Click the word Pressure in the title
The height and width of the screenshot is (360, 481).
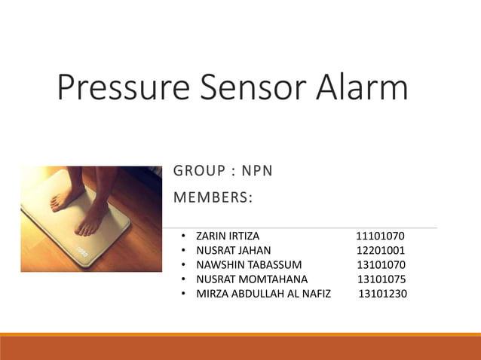(x=124, y=88)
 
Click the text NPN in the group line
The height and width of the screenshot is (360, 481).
(x=256, y=172)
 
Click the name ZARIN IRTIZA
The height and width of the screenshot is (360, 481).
(x=228, y=236)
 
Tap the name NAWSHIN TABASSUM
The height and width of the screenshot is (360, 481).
(x=249, y=265)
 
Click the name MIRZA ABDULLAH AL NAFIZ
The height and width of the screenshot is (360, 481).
(x=263, y=294)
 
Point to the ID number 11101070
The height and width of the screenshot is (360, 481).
(x=380, y=236)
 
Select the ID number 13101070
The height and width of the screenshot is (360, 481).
(x=381, y=265)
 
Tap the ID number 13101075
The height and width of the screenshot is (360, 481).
(x=381, y=279)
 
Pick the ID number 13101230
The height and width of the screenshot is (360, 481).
(x=382, y=294)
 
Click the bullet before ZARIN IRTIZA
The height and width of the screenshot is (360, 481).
(x=184, y=236)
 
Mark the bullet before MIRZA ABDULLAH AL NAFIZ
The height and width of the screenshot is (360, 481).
(x=184, y=294)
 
